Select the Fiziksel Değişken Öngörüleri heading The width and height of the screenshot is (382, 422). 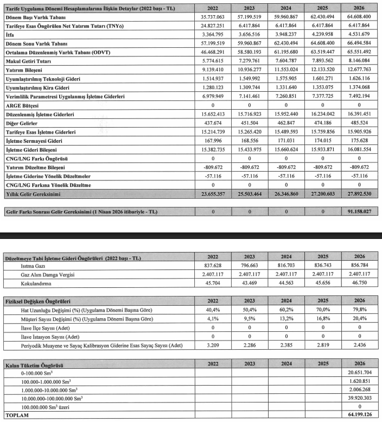[x=39, y=301]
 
